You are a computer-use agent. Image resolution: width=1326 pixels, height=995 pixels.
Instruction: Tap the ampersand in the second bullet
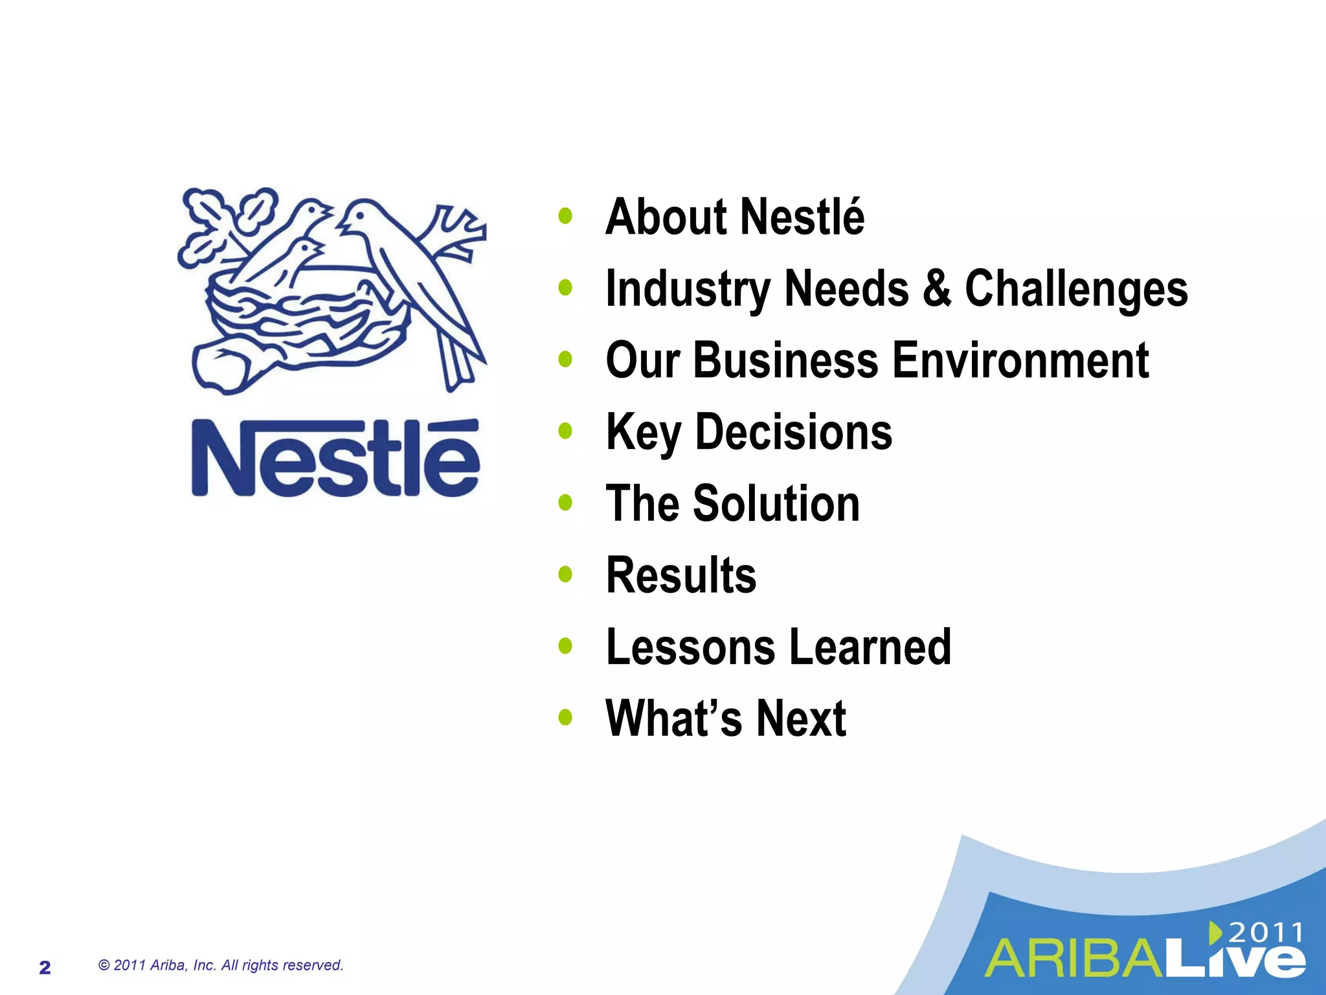(x=936, y=288)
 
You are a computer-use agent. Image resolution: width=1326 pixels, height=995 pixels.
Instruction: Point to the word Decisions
(x=794, y=432)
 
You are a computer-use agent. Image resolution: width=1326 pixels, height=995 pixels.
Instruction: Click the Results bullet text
(x=681, y=575)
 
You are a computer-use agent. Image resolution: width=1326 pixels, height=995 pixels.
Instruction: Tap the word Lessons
(x=690, y=646)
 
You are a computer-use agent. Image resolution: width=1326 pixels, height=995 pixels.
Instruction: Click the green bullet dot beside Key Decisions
(x=565, y=431)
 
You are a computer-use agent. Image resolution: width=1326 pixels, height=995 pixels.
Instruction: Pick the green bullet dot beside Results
(x=565, y=574)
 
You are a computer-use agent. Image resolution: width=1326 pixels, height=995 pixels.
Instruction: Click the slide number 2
(x=45, y=968)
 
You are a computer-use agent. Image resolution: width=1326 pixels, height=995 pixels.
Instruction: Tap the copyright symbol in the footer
(x=104, y=965)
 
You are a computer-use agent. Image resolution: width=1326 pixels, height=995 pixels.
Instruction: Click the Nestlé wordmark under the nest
(x=335, y=459)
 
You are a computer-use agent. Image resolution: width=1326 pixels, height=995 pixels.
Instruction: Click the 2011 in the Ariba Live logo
(x=1265, y=933)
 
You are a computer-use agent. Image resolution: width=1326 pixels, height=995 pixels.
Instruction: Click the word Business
(x=786, y=360)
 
